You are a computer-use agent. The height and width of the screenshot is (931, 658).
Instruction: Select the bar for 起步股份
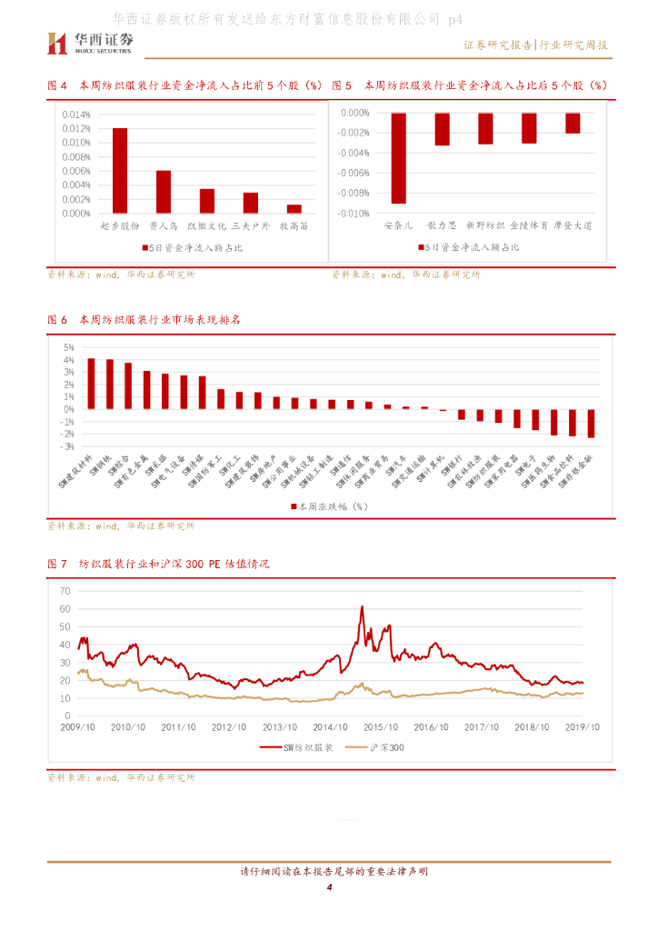tap(120, 171)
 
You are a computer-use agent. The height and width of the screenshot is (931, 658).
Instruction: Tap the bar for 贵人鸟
tap(164, 192)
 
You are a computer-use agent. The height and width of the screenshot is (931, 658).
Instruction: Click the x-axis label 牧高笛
tap(294, 225)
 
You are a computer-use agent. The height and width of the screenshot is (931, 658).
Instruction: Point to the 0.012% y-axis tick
tap(76, 128)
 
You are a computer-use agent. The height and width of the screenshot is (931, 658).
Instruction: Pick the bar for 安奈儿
tap(398, 158)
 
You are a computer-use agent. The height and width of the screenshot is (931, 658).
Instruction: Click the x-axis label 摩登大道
tap(573, 225)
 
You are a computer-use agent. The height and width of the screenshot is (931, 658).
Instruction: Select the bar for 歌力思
tap(443, 129)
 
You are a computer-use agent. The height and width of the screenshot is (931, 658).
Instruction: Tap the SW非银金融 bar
tap(591, 424)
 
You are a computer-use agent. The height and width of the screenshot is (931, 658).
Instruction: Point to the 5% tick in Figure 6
tap(68, 347)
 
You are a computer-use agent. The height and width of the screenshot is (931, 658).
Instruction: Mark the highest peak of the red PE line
tap(362, 606)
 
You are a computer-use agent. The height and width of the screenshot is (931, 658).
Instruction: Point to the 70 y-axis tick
tap(65, 590)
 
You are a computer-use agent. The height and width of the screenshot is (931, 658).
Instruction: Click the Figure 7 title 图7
tap(57, 564)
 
